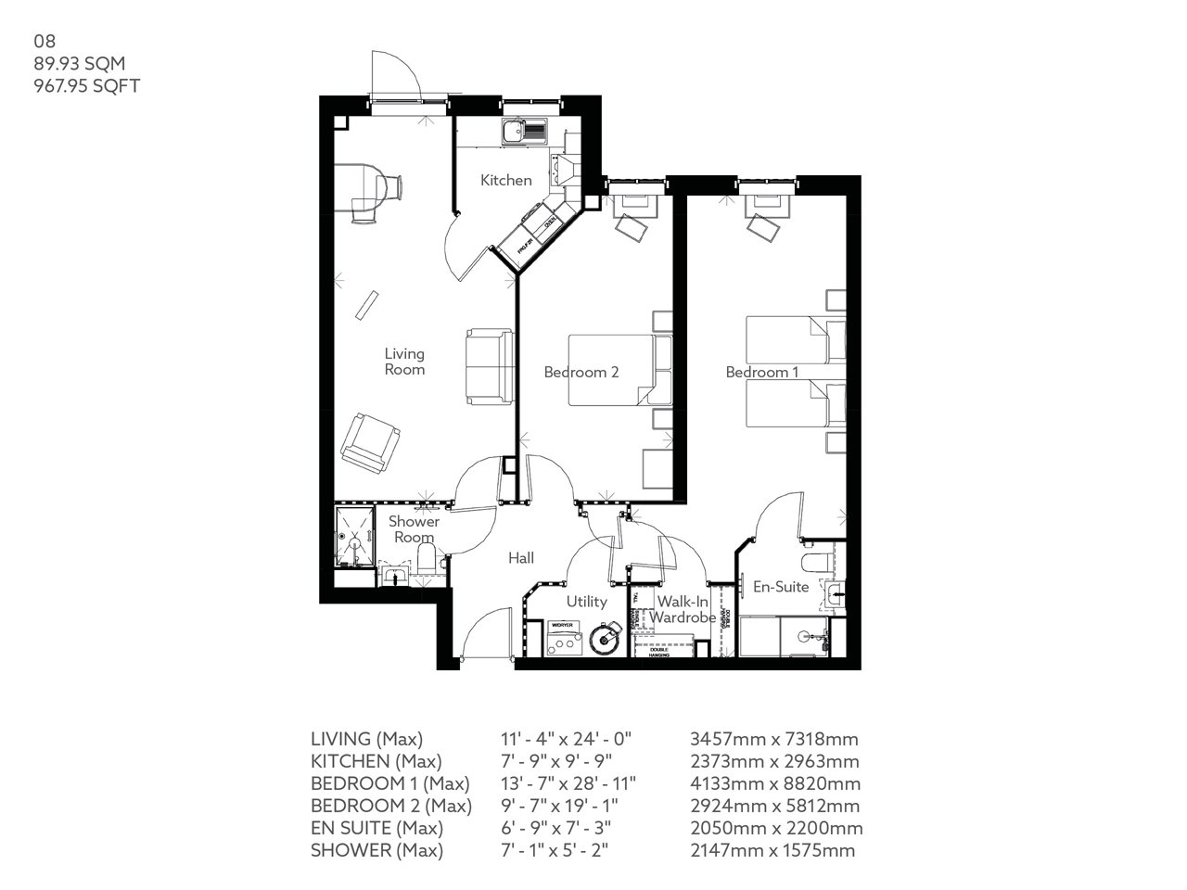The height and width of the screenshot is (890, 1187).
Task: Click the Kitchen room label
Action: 505,180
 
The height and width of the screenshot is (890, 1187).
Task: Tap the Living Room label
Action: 404,361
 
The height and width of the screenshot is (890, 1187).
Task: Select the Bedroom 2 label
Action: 581,372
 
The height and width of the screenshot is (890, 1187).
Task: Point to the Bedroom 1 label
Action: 762,372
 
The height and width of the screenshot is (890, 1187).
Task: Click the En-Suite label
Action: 780,587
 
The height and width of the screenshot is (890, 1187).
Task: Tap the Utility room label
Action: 586,602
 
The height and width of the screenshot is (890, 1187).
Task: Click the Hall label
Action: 520,558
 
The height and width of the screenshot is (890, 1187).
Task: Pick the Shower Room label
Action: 414,529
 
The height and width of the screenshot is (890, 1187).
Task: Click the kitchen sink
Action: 516,132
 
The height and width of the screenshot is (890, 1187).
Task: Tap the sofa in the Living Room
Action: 489,365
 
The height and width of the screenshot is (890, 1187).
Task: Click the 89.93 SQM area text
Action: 79,63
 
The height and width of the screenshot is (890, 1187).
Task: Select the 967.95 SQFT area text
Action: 86,85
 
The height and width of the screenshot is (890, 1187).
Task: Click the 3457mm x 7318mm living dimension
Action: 773,739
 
